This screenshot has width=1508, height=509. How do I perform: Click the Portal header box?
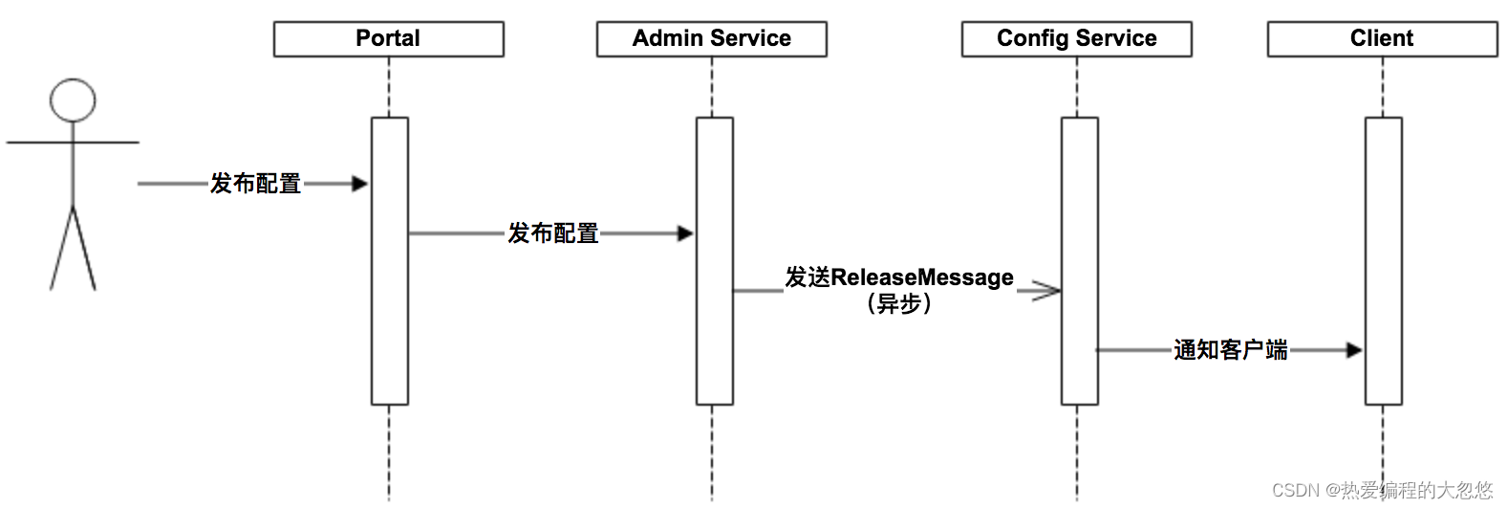pos(388,39)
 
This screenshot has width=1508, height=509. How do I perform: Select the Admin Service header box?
pos(712,39)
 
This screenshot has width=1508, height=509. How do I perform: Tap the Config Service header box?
pos(1076,39)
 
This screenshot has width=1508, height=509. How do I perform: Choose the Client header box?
pos(1382,39)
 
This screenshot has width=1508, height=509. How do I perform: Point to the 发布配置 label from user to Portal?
pos(255,184)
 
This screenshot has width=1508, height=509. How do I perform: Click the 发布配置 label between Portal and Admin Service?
pos(552,233)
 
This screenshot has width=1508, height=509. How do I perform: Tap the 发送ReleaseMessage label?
pos(898,277)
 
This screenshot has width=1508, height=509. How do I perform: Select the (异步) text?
pos(898,304)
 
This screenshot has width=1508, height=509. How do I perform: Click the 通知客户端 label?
pos(1230,350)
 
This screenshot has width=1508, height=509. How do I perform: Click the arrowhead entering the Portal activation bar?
pos(360,184)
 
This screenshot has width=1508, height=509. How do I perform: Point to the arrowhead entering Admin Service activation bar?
pos(685,234)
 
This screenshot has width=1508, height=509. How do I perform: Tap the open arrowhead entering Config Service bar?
pos(1047,291)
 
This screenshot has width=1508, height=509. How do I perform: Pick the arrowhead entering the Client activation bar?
pos(1354,350)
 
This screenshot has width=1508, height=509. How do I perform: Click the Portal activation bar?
pos(390,261)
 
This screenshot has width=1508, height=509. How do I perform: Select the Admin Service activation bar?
pos(715,261)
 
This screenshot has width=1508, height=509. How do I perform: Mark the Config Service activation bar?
pos(1080,261)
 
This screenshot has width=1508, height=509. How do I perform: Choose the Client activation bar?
pos(1384,261)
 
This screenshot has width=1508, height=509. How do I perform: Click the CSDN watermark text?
pos(1382,490)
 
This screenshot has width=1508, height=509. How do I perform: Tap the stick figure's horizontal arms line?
pos(73,143)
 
